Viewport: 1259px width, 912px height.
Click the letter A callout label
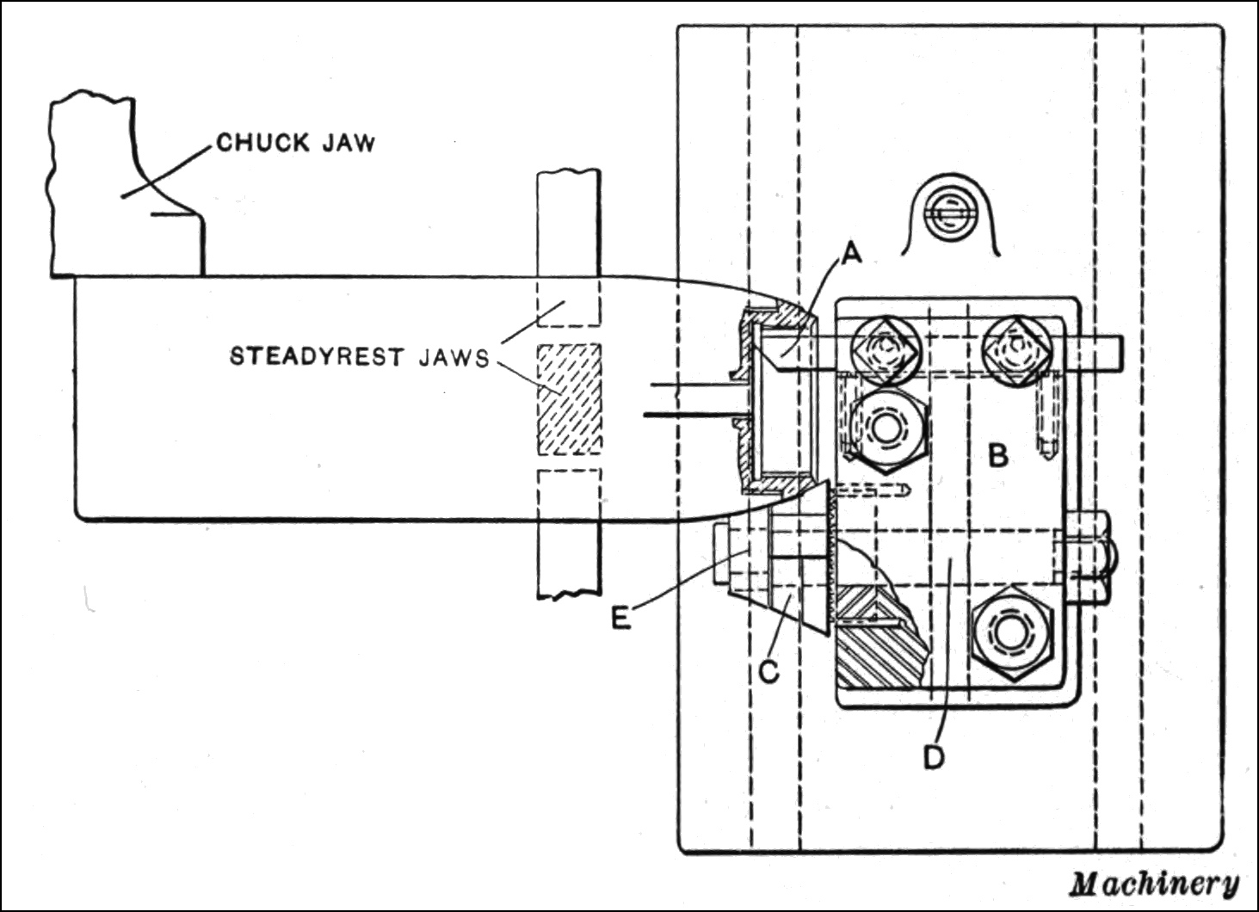coord(851,253)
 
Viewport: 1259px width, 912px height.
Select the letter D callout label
coord(933,756)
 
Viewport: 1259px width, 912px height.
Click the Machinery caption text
coord(1154,884)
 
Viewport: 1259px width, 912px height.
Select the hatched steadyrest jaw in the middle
coord(569,398)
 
